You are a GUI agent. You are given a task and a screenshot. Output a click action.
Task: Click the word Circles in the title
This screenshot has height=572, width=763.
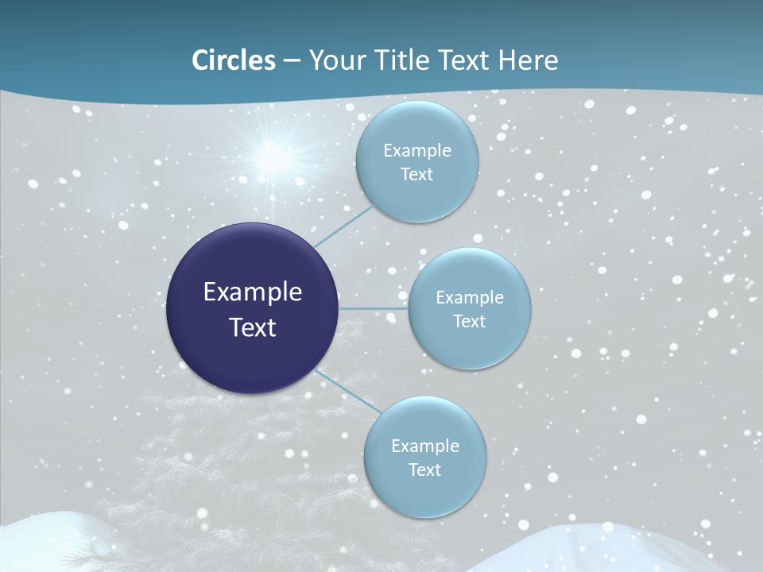pyautogui.click(x=234, y=60)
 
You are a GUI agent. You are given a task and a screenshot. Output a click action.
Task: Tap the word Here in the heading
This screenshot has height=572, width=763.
pyautogui.click(x=528, y=60)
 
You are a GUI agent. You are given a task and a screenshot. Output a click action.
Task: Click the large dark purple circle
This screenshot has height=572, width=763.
pyautogui.click(x=252, y=308)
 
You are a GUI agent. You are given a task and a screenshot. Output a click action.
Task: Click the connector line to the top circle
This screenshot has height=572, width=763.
pyautogui.click(x=343, y=226)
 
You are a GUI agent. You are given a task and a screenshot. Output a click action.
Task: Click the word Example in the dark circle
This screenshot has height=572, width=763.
pyautogui.click(x=253, y=292)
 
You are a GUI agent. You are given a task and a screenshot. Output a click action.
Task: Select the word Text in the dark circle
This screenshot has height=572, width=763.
pyautogui.click(x=253, y=327)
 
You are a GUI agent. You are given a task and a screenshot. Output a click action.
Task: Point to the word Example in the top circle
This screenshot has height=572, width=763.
pyautogui.click(x=417, y=151)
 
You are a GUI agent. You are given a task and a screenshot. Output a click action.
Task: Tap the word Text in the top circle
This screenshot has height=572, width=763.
pyautogui.click(x=416, y=175)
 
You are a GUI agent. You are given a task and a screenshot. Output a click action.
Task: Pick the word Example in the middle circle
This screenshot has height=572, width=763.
pyautogui.click(x=470, y=298)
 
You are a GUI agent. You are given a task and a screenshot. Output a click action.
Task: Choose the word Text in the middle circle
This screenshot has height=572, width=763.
pyautogui.click(x=469, y=322)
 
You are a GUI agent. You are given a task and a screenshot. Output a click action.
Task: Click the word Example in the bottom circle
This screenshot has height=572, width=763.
pyautogui.click(x=425, y=446)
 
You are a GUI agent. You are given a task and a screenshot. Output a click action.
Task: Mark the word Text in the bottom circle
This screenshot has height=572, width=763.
pyautogui.click(x=424, y=470)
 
